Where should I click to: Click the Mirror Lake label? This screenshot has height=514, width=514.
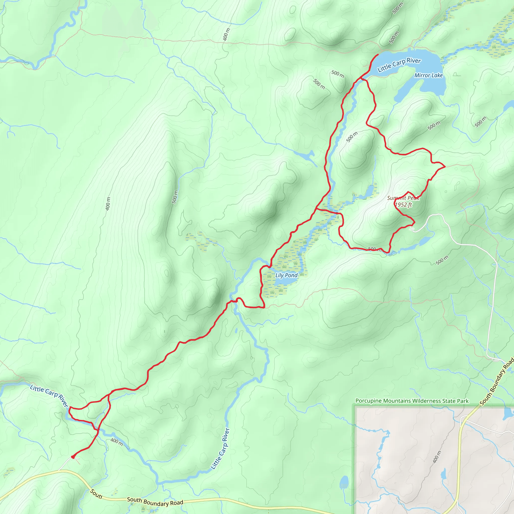point(428,76)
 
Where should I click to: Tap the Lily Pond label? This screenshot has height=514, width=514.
point(286,275)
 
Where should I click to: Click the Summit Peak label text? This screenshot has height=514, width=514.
point(403,198)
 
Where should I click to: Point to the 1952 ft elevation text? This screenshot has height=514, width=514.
point(403,205)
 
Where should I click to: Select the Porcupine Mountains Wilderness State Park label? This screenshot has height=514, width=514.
point(412,401)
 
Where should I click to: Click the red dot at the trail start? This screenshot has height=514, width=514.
point(73,457)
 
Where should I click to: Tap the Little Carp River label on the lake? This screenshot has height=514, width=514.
point(399,65)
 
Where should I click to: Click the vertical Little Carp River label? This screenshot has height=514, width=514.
point(220,448)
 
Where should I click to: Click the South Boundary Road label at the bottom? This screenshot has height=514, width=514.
point(155,501)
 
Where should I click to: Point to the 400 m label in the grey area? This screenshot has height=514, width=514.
point(437,457)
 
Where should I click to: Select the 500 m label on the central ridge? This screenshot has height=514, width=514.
point(174,197)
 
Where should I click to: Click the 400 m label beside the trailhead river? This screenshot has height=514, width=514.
point(117,442)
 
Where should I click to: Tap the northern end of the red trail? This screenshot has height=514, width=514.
point(378,54)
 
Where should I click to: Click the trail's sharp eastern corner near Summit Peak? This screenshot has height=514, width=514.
point(445,167)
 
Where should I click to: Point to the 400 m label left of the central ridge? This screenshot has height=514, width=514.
point(108,204)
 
